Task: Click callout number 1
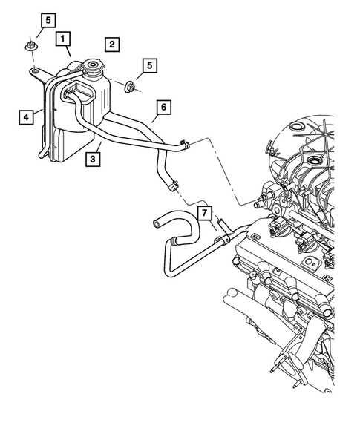65,36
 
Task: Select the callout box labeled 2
111,45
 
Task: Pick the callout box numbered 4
26,116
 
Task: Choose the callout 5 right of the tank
150,66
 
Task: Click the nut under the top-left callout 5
30,48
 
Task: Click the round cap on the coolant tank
94,69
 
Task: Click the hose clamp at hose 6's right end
185,143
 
